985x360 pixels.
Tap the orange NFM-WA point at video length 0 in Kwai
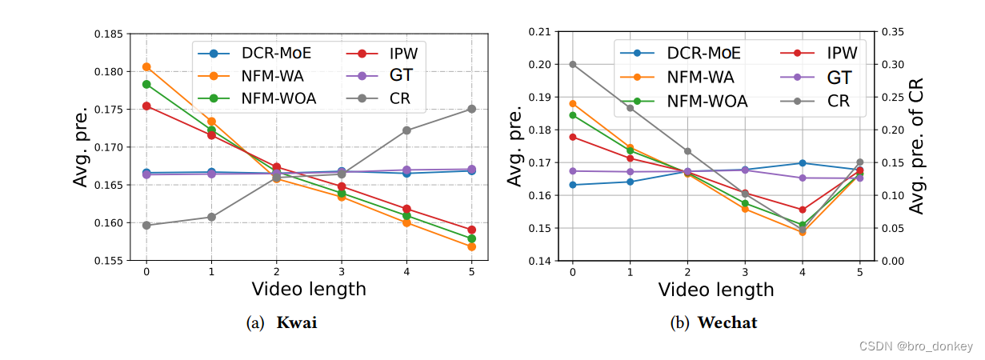146,66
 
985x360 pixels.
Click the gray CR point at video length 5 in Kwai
471,109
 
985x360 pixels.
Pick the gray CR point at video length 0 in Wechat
572,64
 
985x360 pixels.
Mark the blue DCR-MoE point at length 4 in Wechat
802,163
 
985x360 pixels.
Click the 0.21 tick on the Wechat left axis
540,32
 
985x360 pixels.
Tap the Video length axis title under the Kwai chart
308,289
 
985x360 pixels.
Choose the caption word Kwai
297,323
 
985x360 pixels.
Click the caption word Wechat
727,323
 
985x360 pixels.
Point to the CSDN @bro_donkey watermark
915,346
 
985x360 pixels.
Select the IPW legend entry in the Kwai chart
404,54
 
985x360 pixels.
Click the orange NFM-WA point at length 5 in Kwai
471,246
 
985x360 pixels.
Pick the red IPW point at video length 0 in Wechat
572,137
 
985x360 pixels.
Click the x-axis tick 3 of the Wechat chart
744,272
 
